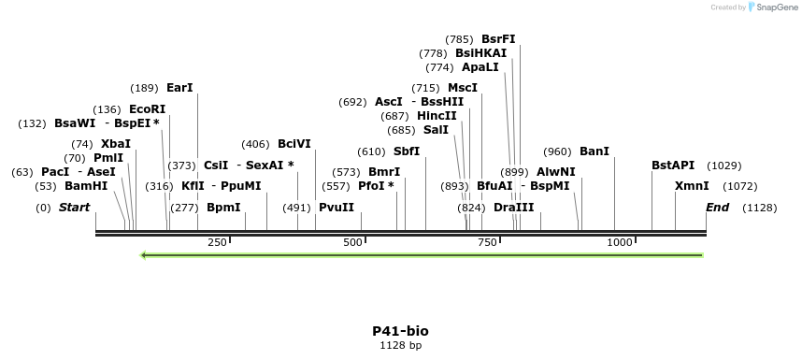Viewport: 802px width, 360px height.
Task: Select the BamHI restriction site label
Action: (x=86, y=186)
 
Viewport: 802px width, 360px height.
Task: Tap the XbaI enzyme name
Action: (x=116, y=144)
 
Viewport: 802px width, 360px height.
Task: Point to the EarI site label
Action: (x=179, y=88)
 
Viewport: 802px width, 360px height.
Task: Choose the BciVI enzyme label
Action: (x=294, y=144)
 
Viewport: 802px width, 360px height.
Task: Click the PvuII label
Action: (x=337, y=207)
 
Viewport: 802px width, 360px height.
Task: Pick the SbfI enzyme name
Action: (x=407, y=151)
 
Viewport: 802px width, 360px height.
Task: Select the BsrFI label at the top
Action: (x=498, y=39)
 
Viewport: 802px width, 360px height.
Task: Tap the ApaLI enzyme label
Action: (x=480, y=67)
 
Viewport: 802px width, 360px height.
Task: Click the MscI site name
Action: (x=463, y=88)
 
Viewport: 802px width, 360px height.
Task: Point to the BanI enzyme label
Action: (x=594, y=151)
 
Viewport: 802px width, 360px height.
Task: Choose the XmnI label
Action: (x=692, y=186)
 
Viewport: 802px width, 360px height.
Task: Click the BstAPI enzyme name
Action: (x=673, y=166)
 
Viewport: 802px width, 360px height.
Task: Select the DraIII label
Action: (x=513, y=207)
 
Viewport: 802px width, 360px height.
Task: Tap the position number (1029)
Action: (x=724, y=166)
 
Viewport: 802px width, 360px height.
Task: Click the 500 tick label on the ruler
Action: (x=352, y=242)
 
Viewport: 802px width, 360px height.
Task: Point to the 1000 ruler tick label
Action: (x=620, y=242)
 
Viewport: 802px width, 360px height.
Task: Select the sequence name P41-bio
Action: (x=400, y=331)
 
